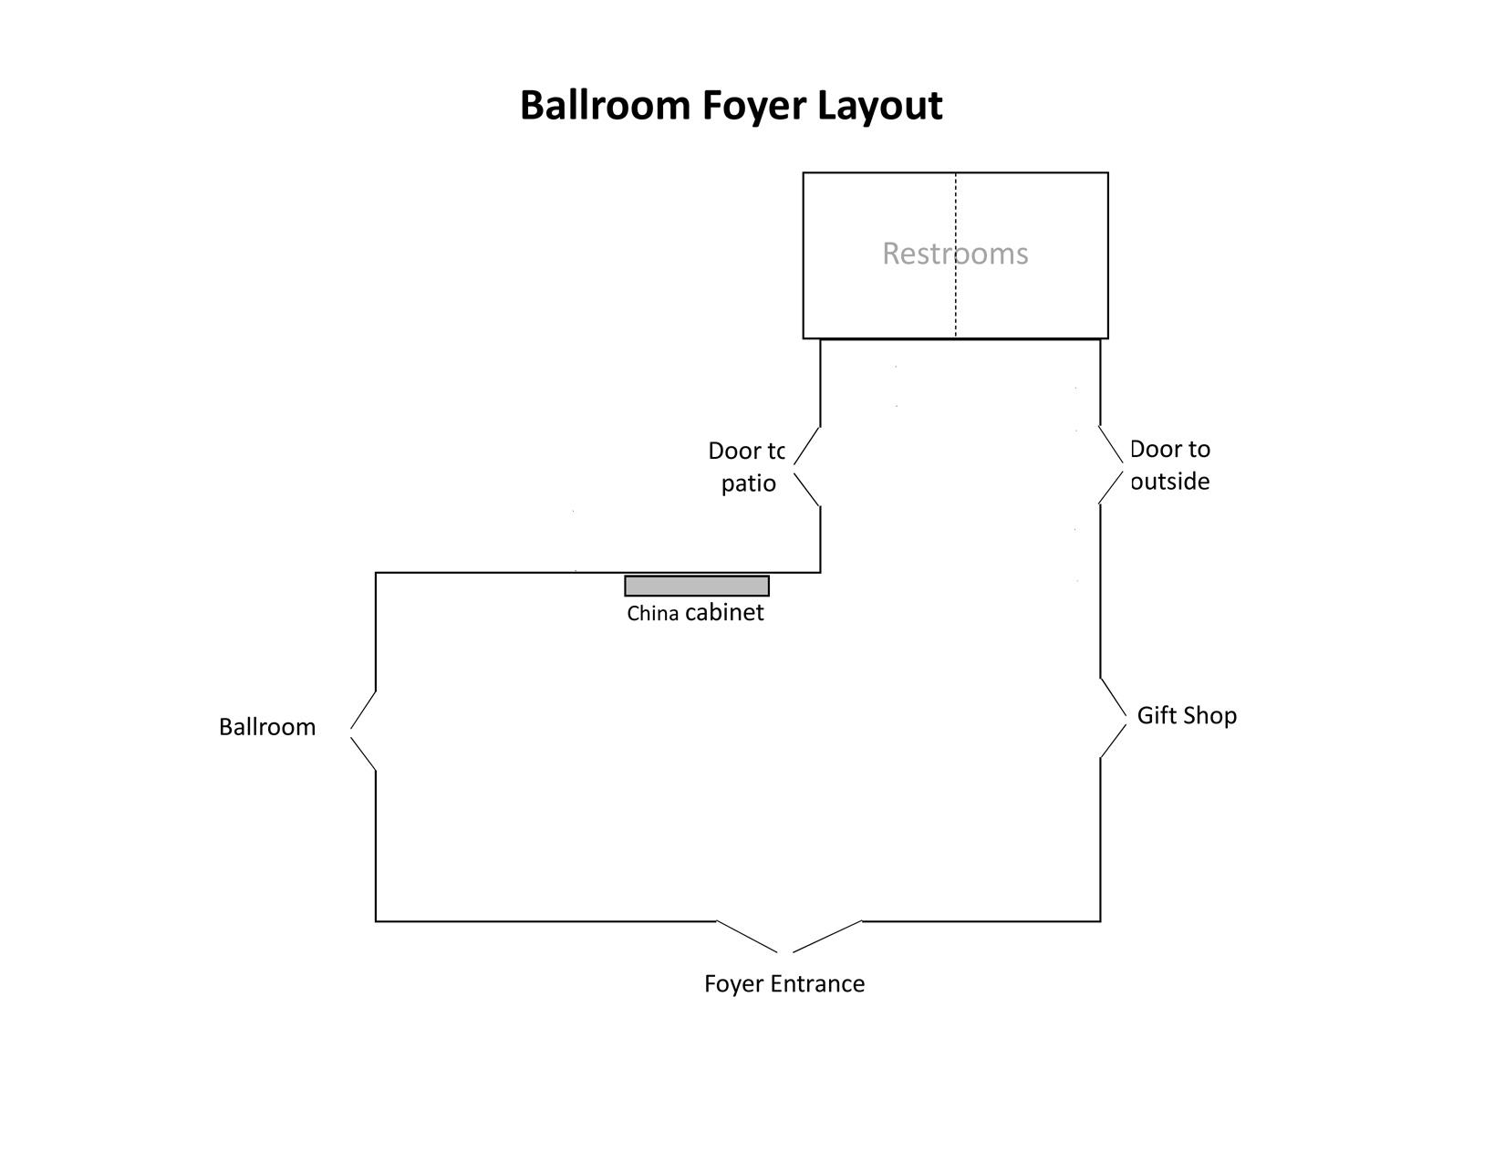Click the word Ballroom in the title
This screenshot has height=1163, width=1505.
pyautogui.click(x=605, y=105)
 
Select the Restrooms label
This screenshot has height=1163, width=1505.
pyautogui.click(x=955, y=254)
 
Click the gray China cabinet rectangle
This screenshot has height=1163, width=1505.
pyautogui.click(x=697, y=586)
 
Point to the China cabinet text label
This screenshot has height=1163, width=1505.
pyautogui.click(x=695, y=612)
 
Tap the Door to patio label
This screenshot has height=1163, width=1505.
pyautogui.click(x=747, y=466)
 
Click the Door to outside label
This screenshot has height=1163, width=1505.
pyautogui.click(x=1169, y=465)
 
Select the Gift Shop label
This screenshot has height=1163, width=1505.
pyautogui.click(x=1187, y=715)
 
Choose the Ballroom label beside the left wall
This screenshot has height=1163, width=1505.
pyautogui.click(x=267, y=727)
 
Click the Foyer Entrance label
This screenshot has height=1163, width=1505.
pyautogui.click(x=784, y=983)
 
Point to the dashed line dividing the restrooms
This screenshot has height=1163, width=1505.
pyautogui.click(x=956, y=255)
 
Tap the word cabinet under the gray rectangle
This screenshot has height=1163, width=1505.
pyautogui.click(x=724, y=612)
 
